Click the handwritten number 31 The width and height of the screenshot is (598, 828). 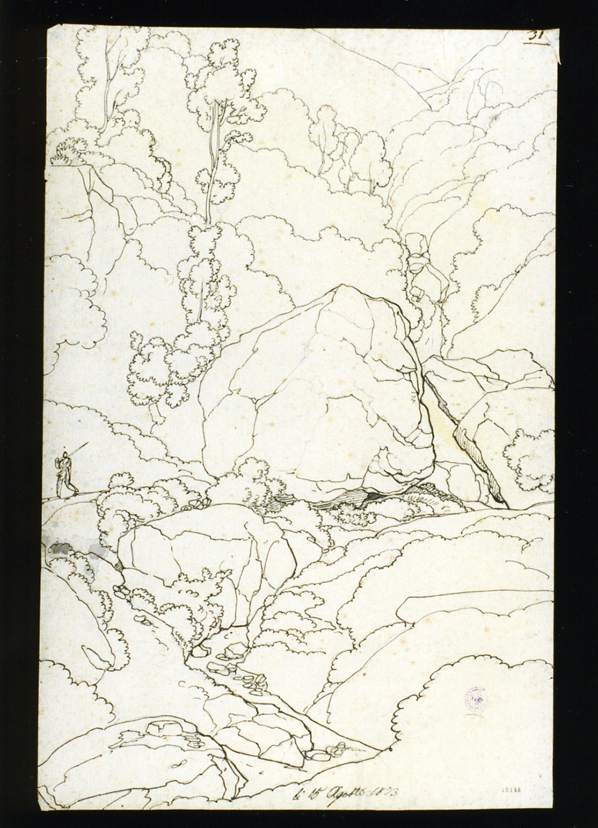click(535, 35)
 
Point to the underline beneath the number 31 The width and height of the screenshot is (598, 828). click(536, 44)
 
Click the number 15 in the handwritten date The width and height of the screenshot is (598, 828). click(314, 794)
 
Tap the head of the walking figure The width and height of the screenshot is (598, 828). click(63, 458)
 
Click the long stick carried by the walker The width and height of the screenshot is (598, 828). click(76, 448)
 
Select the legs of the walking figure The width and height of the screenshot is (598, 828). click(66, 487)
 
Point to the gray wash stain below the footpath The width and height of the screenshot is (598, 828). click(62, 549)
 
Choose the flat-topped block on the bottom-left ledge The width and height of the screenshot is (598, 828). click(166, 727)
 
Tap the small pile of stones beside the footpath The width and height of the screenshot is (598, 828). click(197, 501)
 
